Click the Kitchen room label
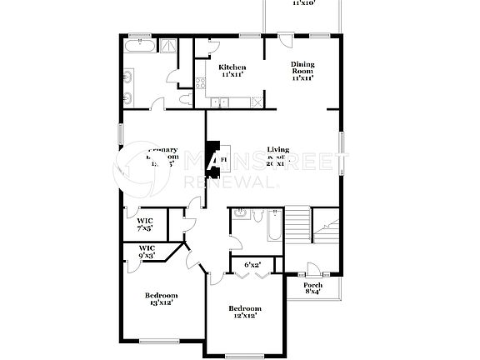click(232, 71)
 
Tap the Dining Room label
click(302, 71)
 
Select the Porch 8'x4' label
click(312, 288)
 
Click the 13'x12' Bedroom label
click(160, 299)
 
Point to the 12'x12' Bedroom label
click(244, 312)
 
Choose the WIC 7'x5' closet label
click(145, 224)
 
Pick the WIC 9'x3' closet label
click(147, 252)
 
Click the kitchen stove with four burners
click(201, 82)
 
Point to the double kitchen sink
click(220, 102)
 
